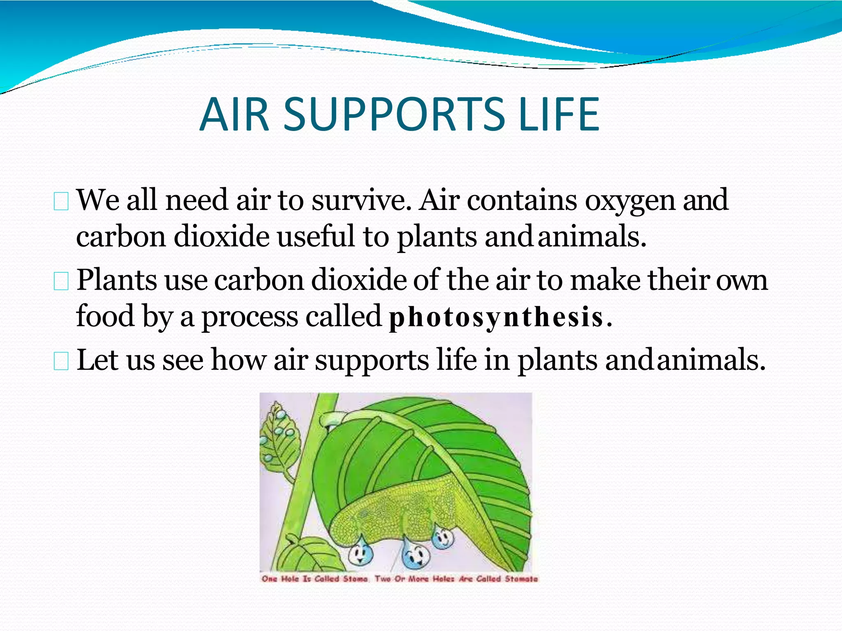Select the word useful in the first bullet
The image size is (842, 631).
tap(316, 237)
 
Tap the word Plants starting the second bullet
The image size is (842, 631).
tap(117, 281)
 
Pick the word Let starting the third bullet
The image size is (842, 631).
tap(97, 360)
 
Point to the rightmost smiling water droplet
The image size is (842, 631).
tap(443, 537)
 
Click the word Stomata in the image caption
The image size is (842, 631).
tap(521, 579)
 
